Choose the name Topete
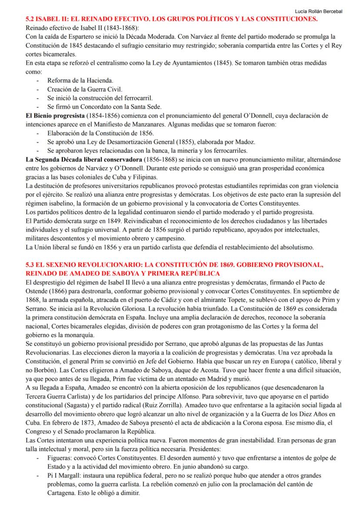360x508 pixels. [263, 300]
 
